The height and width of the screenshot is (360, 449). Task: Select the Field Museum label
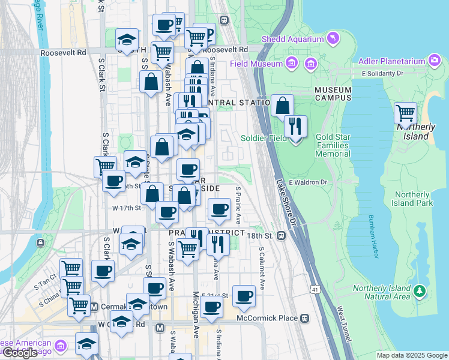tap(255, 64)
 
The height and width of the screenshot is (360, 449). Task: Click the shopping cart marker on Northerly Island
tap(406, 113)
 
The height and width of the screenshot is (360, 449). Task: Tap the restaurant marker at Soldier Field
tap(295, 127)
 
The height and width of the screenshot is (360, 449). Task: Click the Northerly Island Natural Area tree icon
tap(420, 292)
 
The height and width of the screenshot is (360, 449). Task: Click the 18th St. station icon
tap(281, 236)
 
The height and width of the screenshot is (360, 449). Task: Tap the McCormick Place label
tap(268, 317)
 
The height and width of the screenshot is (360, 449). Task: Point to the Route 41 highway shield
tap(315, 290)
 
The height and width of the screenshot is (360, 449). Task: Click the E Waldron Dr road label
tap(307, 182)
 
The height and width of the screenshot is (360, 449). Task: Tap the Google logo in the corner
tap(20, 353)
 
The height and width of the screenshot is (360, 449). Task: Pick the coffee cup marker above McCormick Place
tap(244, 295)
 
